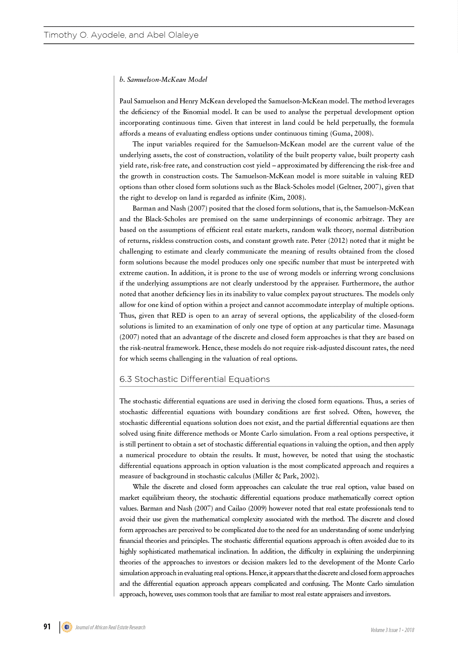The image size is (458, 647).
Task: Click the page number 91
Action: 47,627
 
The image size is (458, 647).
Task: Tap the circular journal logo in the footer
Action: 67,627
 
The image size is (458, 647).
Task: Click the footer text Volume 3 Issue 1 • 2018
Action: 392,630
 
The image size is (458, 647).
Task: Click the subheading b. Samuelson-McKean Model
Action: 163,80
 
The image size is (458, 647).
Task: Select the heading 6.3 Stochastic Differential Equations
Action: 195,379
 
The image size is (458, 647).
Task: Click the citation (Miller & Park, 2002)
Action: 286,476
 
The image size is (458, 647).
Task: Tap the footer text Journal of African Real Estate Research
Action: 110,627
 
